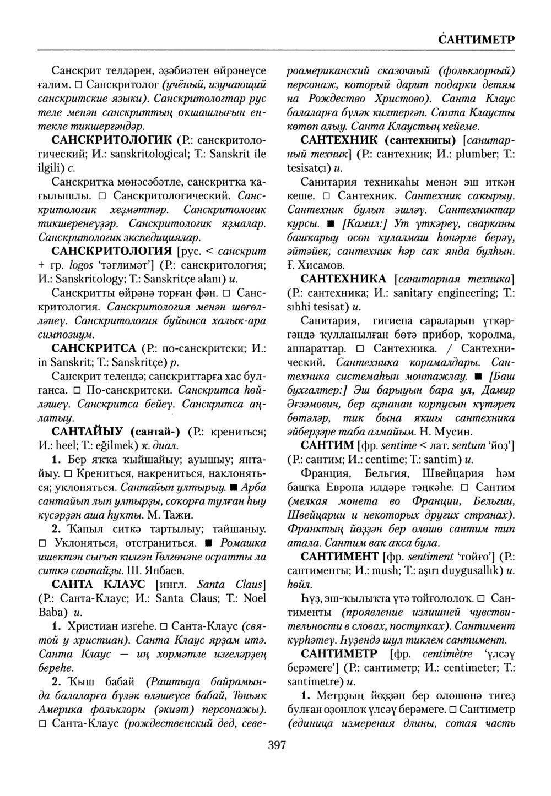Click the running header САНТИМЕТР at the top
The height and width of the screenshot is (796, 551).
coord(476,41)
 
